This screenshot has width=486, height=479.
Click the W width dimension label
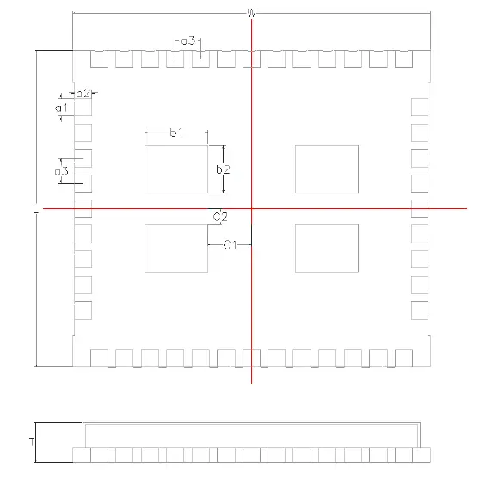(252, 13)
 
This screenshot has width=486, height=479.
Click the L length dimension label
(35, 209)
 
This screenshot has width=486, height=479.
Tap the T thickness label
(32, 442)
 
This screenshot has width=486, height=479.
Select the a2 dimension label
(83, 93)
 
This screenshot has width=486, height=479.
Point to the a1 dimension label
(61, 107)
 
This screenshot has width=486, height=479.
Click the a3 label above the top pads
(188, 40)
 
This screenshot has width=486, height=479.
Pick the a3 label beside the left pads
(61, 171)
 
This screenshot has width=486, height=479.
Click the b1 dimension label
(176, 132)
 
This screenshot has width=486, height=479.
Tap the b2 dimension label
(223, 169)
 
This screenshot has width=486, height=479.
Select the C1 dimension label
(231, 245)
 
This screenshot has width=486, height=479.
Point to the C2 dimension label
(220, 217)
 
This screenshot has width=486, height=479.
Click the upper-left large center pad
(176, 169)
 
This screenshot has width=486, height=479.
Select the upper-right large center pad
(327, 169)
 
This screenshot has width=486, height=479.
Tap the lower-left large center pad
(176, 249)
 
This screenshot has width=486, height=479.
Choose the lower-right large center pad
(327, 249)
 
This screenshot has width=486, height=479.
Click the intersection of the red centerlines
(252, 208)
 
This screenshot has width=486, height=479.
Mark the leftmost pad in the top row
(99, 58)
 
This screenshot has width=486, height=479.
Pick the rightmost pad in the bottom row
(404, 358)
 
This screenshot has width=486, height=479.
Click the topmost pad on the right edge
(420, 107)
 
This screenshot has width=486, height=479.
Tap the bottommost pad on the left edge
(83, 310)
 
